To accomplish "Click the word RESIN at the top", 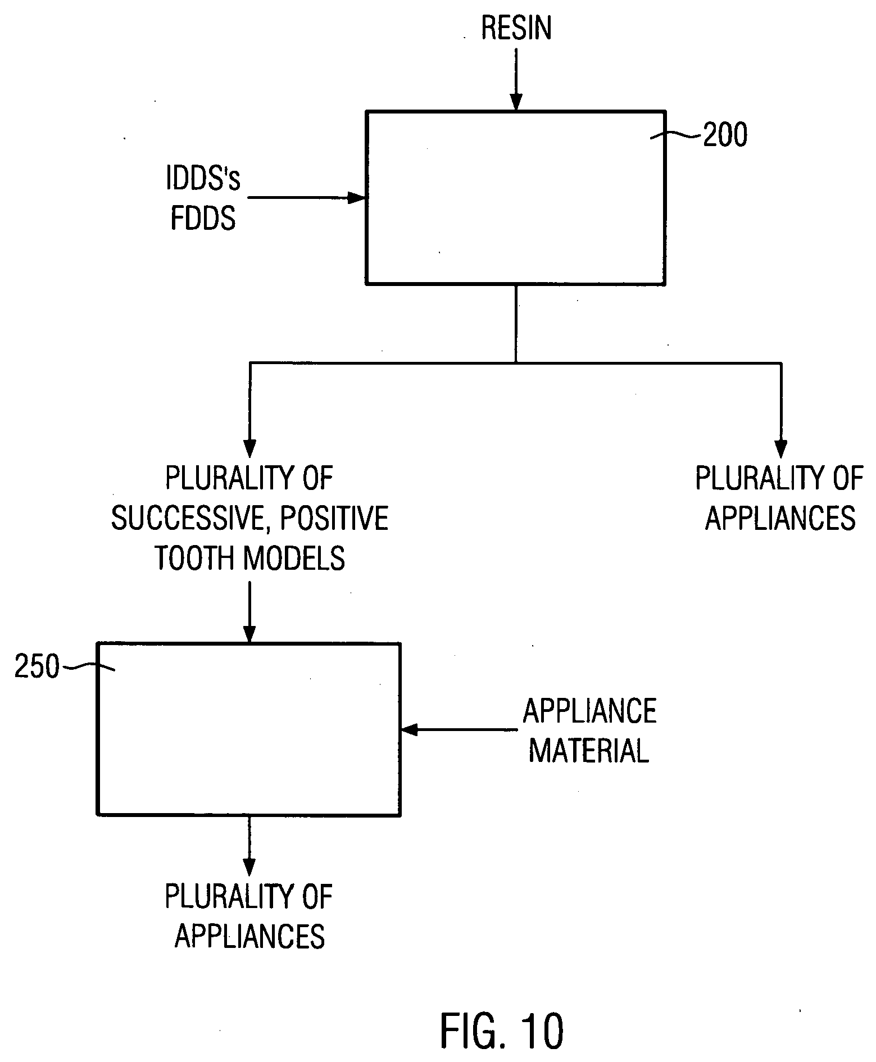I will [516, 28].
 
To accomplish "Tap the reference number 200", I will [725, 135].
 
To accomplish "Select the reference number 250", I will [37, 668].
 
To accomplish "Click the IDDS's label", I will [203, 179].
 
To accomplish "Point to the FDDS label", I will [203, 218].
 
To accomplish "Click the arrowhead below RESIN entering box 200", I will [516, 103].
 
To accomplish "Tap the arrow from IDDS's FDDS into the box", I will [306, 198].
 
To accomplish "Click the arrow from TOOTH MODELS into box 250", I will [249, 612].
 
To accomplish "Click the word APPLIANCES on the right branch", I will [780, 518].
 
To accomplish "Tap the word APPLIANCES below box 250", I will [249, 936].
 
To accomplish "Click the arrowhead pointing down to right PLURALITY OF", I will [780, 450].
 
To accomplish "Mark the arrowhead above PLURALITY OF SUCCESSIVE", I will [250, 450].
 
